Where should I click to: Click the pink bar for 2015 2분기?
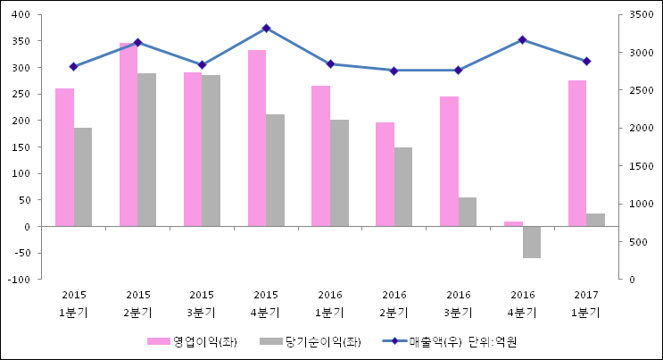point(128,134)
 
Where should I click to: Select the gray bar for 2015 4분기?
point(275,170)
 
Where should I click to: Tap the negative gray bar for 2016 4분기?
point(532,242)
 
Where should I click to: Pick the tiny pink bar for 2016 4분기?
point(513,223)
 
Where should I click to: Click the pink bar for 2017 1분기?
point(577,153)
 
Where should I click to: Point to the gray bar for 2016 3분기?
point(468,212)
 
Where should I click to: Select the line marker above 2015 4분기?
point(266,29)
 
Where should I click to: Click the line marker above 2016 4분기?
point(523,39)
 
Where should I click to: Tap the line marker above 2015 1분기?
point(74,67)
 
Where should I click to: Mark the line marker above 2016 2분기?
point(394,71)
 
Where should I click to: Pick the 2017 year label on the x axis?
point(586,295)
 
